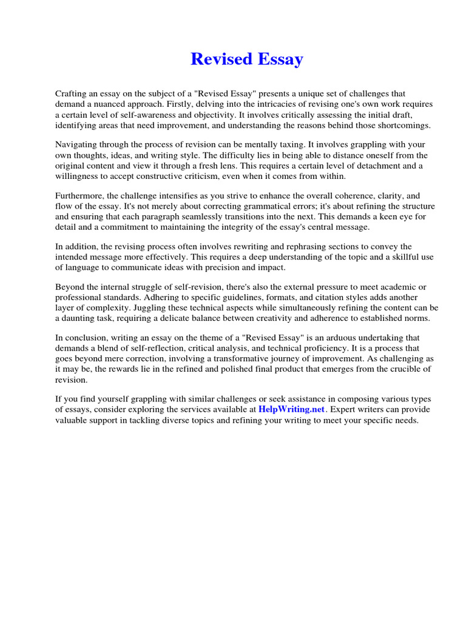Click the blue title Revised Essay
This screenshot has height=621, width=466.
tap(246, 59)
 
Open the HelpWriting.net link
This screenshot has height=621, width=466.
tap(292, 409)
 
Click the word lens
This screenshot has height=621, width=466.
tap(246, 166)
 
